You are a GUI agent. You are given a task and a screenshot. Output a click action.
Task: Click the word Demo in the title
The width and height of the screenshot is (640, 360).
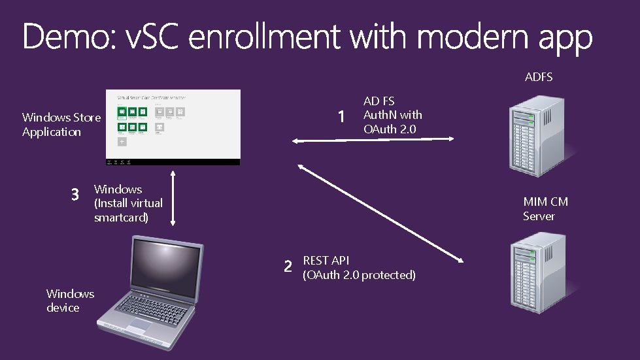point(65,37)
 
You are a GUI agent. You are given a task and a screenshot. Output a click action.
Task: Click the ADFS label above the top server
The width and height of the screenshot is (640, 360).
point(539,77)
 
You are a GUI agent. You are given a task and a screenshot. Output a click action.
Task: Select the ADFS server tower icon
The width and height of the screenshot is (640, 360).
point(533,133)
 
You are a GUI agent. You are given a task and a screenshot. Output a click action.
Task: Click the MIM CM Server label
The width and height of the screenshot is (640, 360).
point(545,209)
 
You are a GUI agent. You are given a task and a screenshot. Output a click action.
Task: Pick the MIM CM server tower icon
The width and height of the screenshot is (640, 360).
point(533,271)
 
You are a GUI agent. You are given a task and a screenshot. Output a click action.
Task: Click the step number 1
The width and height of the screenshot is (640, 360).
point(341,117)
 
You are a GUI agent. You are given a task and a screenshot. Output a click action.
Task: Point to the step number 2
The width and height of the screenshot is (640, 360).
point(288,267)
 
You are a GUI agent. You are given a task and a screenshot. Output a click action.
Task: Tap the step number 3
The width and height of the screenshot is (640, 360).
point(75,195)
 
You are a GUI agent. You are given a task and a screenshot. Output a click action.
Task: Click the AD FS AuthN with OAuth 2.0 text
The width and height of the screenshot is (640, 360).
point(392,115)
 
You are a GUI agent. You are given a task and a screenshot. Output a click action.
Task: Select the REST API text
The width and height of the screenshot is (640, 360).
point(326,261)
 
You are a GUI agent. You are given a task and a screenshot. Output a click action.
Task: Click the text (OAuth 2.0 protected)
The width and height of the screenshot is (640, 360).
point(359,275)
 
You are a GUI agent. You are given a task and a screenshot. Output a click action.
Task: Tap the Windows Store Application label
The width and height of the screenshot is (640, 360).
point(61,124)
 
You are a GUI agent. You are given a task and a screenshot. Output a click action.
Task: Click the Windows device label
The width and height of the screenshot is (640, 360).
point(70,301)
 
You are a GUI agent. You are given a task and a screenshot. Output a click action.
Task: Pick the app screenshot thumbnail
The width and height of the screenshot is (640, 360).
point(173,127)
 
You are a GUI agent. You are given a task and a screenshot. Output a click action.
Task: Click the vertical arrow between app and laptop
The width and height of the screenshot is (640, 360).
point(173,199)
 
